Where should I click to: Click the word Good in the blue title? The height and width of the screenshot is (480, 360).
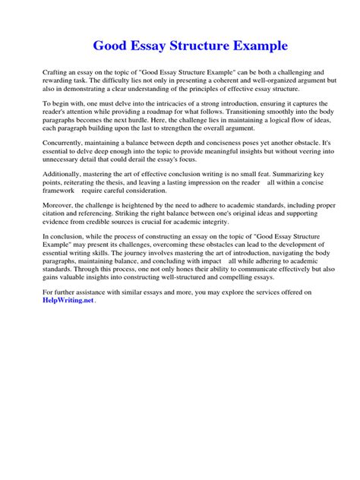[110, 46]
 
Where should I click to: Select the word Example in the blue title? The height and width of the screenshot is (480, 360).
[255, 46]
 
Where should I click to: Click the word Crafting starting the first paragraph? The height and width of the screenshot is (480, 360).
[55, 71]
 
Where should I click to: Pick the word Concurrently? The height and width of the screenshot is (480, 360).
[66, 142]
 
